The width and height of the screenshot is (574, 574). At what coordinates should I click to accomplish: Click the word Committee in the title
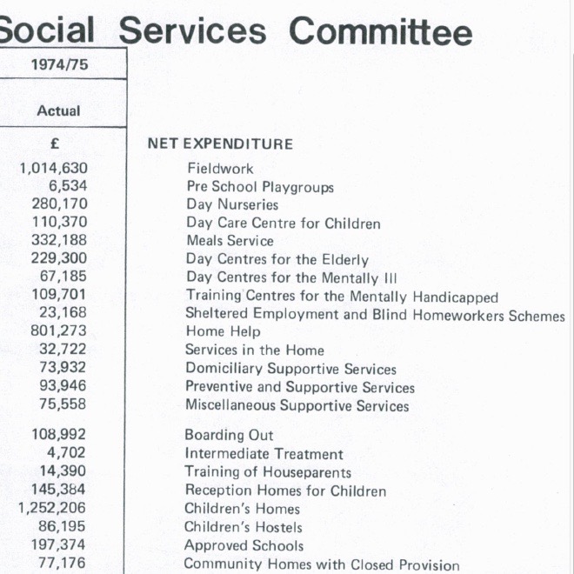(380, 32)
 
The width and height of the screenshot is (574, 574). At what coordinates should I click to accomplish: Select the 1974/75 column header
(59, 65)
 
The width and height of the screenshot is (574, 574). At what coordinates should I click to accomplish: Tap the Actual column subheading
(58, 111)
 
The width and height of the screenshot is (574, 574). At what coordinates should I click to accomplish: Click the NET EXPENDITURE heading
(220, 144)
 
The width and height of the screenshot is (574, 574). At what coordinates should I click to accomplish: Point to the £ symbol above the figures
(55, 144)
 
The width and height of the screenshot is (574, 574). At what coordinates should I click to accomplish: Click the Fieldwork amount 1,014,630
(53, 169)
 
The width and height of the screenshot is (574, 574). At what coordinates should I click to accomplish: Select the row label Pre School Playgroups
(260, 187)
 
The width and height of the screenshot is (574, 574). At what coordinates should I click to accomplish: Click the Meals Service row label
(230, 241)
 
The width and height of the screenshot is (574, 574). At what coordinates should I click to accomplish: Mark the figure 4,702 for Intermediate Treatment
(67, 453)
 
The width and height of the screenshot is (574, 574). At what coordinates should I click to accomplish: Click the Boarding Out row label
(229, 436)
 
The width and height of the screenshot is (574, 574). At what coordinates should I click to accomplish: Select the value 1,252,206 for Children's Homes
(53, 508)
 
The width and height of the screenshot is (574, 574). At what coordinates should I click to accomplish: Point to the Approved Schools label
(244, 546)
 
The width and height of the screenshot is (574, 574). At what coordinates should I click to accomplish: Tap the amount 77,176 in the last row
(63, 564)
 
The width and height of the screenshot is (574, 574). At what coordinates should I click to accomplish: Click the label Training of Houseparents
(268, 472)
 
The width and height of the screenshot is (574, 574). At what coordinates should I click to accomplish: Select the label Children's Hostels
(244, 527)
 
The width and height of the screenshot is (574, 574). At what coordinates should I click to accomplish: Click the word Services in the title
(193, 32)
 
